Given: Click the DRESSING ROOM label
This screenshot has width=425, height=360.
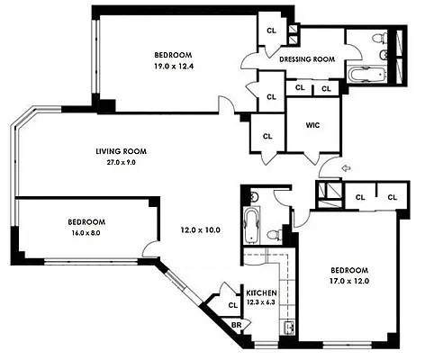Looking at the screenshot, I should (x=307, y=59).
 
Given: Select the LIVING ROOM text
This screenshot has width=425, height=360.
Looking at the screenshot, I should (x=121, y=151).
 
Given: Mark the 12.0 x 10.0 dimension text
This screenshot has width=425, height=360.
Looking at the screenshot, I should (x=198, y=229).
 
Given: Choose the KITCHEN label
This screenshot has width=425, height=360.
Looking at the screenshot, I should (x=260, y=293).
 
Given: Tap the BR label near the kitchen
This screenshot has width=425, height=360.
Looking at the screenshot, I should (x=237, y=325).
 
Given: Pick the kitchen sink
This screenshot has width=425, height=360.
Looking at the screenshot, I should (x=290, y=326).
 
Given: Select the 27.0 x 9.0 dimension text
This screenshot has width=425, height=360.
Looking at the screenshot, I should (x=121, y=163).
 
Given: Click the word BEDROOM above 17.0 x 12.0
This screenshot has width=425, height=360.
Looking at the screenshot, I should (x=348, y=270).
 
